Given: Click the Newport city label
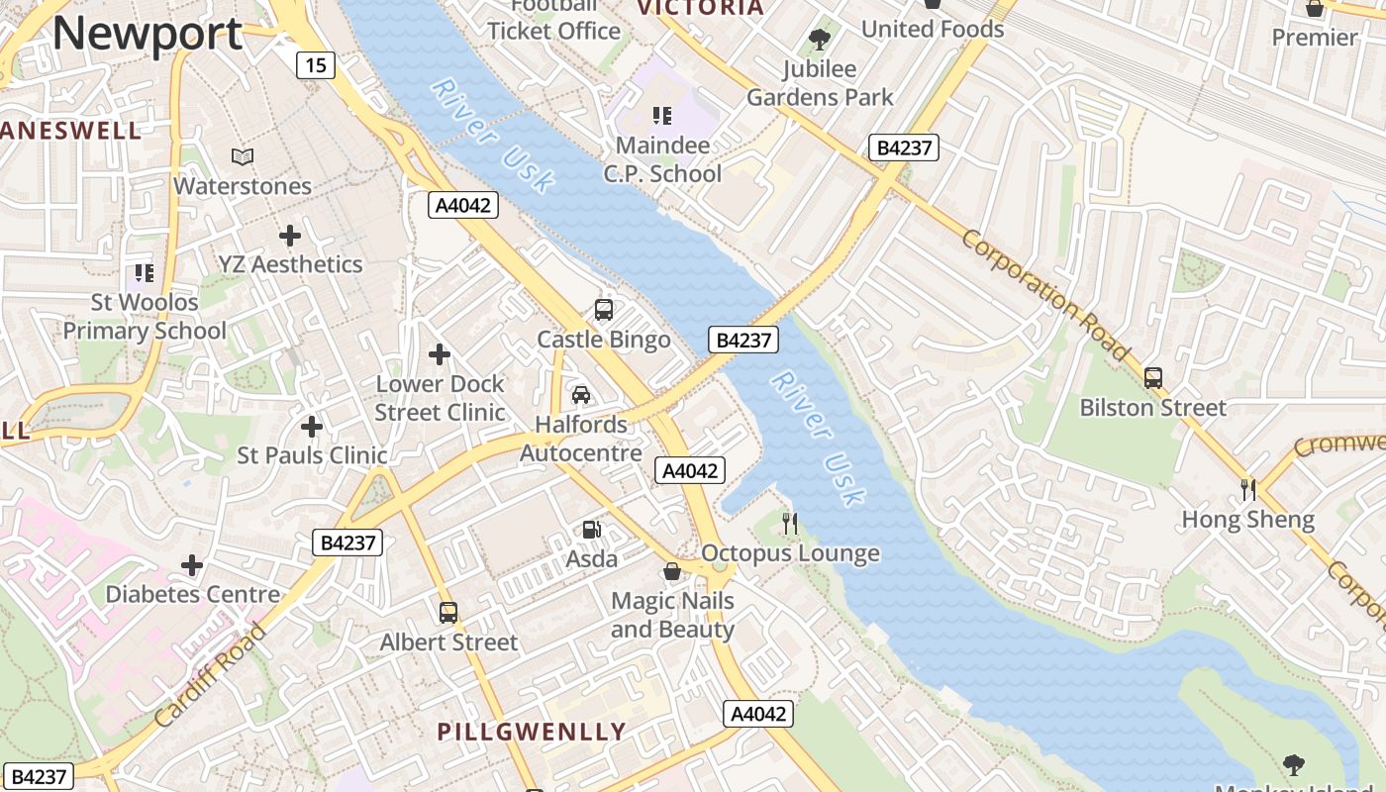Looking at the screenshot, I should click(147, 34).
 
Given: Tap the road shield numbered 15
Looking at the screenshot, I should click(315, 66).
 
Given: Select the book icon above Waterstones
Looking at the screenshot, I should click(243, 156).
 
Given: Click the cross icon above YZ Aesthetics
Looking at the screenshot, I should click(290, 236).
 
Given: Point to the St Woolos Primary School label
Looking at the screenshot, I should click(145, 316).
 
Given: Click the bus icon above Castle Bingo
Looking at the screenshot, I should click(604, 310).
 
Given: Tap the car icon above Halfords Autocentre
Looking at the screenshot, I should click(581, 395).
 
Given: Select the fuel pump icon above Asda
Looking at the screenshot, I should click(591, 530).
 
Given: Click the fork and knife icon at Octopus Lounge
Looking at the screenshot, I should click(789, 524).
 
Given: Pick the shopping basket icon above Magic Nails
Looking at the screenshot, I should click(672, 571).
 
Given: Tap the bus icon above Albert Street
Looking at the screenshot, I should click(448, 613).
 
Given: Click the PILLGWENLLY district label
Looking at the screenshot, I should click(532, 732).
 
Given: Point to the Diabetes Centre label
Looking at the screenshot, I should click(192, 594).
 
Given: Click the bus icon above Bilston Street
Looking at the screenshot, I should click(1152, 378).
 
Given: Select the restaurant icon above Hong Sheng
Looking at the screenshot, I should click(1248, 489).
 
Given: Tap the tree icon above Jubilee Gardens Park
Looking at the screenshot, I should click(819, 40).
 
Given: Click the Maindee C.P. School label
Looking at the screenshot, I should click(662, 159).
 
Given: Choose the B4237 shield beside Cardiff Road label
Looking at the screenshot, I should click(347, 543).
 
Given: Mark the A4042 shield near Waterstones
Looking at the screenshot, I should click(462, 205).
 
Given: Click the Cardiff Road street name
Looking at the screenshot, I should click(211, 675).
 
